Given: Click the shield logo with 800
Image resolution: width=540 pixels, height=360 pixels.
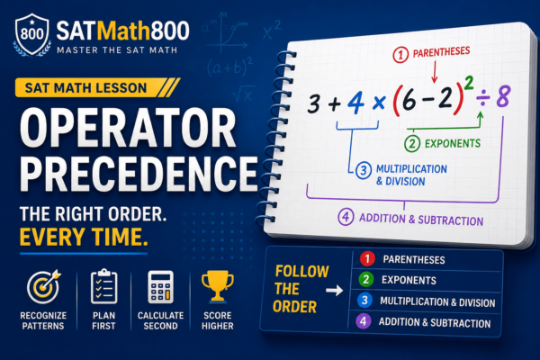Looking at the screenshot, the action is pyautogui.click(x=32, y=34).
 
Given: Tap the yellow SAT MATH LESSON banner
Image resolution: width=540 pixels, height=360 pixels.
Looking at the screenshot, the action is pyautogui.click(x=97, y=88).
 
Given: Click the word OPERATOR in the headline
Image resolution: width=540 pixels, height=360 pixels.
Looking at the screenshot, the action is pyautogui.click(x=128, y=128).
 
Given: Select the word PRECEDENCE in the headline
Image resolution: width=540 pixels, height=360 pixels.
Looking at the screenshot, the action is pyautogui.click(x=139, y=174).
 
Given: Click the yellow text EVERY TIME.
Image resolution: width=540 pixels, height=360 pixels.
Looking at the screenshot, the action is pyautogui.click(x=84, y=237).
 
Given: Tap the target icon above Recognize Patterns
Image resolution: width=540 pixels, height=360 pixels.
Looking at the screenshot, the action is pyautogui.click(x=44, y=286).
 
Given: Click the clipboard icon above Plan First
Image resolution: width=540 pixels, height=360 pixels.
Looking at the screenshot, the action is pyautogui.click(x=104, y=286).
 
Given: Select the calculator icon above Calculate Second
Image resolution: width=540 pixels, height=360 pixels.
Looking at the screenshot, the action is pyautogui.click(x=160, y=287).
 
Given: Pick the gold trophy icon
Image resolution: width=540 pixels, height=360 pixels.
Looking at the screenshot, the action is pyautogui.click(x=217, y=286).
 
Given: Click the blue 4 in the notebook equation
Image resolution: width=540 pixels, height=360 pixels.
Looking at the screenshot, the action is pyautogui.click(x=355, y=103).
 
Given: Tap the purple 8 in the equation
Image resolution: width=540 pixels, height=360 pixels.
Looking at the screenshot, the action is pyautogui.click(x=503, y=96).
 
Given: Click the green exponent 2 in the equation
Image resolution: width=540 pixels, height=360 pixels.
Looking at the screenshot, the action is pyautogui.click(x=469, y=84).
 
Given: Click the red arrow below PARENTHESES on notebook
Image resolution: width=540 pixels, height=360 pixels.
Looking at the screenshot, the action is pyautogui.click(x=435, y=72).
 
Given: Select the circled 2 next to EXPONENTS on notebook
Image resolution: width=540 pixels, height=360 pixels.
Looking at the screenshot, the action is pyautogui.click(x=412, y=144).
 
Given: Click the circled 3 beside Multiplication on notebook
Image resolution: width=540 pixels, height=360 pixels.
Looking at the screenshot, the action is pyautogui.click(x=364, y=170).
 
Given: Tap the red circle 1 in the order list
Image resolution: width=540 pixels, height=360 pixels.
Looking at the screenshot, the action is pyautogui.click(x=367, y=258).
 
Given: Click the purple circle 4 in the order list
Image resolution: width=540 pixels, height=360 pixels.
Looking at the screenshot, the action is pyautogui.click(x=363, y=321).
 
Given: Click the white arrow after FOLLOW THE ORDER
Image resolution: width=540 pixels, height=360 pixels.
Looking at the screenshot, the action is pyautogui.click(x=335, y=291).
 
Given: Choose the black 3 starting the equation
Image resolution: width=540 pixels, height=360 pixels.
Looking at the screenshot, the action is pyautogui.click(x=314, y=103).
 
